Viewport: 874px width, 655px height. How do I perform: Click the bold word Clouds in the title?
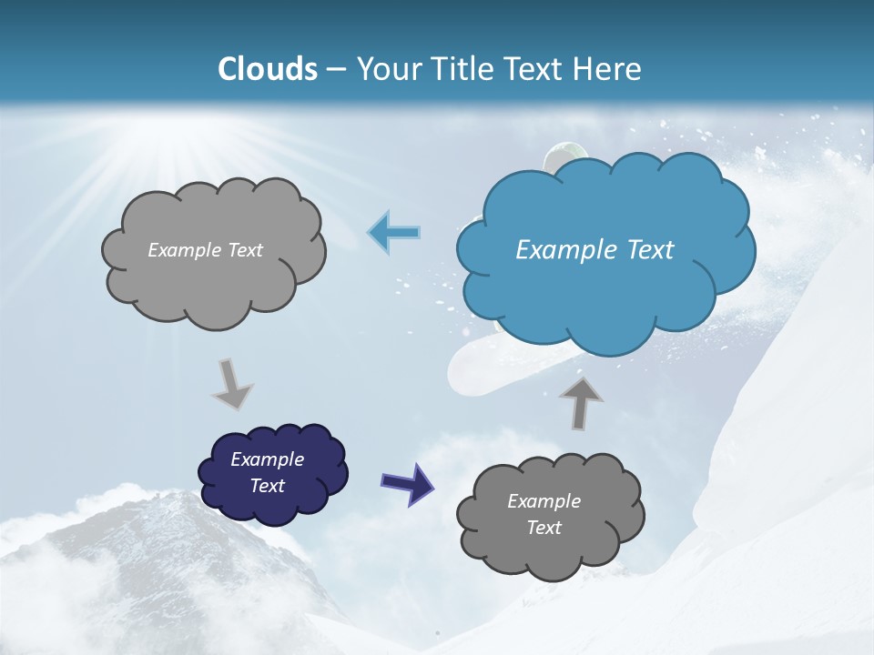coord(268,69)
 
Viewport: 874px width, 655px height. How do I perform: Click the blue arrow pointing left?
coord(394,232)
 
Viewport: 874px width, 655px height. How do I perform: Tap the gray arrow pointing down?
coord(232,383)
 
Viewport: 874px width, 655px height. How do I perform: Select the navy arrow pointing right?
coord(407,482)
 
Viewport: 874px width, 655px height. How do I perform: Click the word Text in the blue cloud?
coord(648,250)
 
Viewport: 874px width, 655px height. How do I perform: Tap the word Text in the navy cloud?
coord(268,486)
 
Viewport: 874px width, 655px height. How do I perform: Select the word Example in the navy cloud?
coord(267,459)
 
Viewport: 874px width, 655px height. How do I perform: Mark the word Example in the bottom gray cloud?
coord(544,501)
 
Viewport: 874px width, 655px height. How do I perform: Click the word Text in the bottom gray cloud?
coord(544,528)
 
